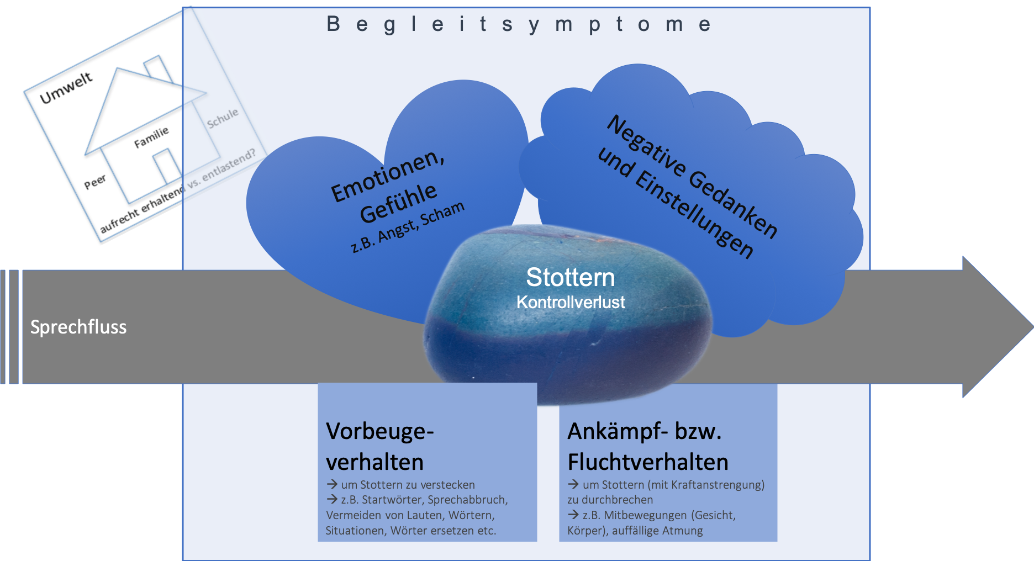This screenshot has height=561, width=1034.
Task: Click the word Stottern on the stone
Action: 570,277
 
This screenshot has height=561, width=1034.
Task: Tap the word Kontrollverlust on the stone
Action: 571,302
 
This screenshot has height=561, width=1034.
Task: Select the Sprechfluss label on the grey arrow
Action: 78,327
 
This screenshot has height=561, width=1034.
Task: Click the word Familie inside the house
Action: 151,137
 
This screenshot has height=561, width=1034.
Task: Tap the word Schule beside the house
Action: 223,118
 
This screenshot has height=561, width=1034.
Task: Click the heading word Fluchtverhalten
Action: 648,462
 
